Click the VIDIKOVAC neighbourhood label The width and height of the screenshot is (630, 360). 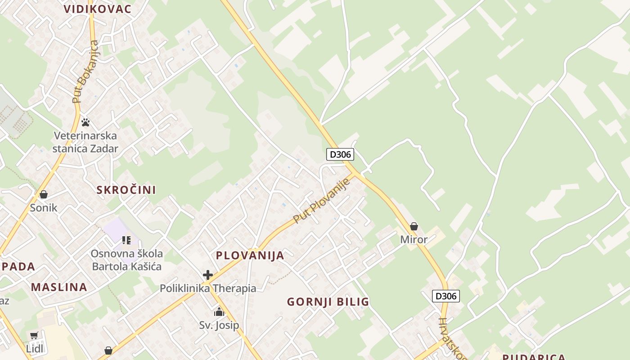pos(97,9)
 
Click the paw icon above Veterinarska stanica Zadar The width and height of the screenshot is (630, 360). pos(85,122)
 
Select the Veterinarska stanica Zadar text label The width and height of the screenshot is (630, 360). pos(85,142)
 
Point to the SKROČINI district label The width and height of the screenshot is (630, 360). pos(126,190)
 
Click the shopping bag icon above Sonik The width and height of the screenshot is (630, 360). pos(44,194)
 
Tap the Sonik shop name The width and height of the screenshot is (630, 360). pos(44,208)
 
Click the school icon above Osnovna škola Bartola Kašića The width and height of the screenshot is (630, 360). pos(126,240)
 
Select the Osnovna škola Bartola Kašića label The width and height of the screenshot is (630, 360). pos(126,260)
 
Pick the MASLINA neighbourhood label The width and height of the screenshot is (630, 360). pos(59,287)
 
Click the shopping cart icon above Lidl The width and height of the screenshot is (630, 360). pos(34,335)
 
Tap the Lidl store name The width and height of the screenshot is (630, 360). pos(34,348)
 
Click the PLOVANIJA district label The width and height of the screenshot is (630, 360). pos(250,256)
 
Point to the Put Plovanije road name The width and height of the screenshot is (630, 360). pos(321,201)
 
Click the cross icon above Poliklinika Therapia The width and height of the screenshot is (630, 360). pos(208,274)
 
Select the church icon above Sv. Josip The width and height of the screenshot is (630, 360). pos(219,312)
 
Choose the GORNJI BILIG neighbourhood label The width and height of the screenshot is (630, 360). pos(328,302)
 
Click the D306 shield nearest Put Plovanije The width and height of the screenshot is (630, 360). pos(340,154)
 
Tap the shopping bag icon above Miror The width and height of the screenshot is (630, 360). pos(414,226)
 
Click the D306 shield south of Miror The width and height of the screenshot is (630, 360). pos(446,296)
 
